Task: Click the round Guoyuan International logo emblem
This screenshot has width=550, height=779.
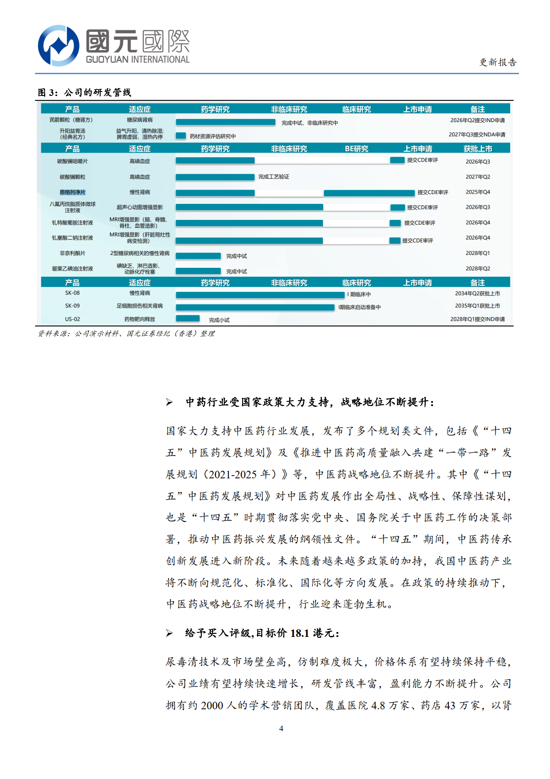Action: tap(58, 45)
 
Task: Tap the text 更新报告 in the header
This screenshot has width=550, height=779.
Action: tap(498, 62)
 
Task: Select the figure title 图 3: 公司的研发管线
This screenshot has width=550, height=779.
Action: tap(84, 92)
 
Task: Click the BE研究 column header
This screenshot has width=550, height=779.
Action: tap(357, 149)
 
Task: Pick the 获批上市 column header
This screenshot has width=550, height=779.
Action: tap(478, 149)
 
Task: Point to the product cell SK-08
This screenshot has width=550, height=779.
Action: tap(72, 293)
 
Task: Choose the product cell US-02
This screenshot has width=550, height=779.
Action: tap(72, 319)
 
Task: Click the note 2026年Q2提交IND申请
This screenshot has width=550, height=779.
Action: tap(477, 120)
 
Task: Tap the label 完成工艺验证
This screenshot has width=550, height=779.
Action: tap(274, 177)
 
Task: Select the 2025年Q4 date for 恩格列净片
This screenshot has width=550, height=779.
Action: tap(478, 192)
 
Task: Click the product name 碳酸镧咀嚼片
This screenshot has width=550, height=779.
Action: tap(72, 162)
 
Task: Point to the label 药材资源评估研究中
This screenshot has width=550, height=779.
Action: tap(213, 136)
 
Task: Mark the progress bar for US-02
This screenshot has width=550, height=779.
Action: tap(188, 318)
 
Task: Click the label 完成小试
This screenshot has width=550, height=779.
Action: tap(219, 320)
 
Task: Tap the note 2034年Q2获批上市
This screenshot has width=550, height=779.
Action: tap(477, 294)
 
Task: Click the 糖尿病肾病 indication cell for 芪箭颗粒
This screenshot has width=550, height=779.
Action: tap(140, 120)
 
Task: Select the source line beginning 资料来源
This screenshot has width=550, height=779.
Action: tap(126, 334)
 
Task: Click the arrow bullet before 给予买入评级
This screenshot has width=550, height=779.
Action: tap(169, 633)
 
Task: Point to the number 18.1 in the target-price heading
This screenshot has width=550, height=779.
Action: tap(299, 633)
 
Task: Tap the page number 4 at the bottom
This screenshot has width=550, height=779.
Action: tap(281, 728)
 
